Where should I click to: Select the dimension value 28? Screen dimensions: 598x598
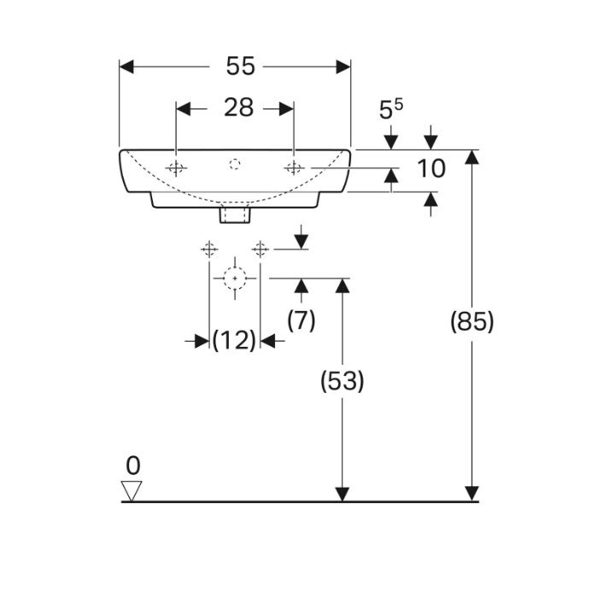point(238,108)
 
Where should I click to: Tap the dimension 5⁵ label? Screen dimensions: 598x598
point(391,110)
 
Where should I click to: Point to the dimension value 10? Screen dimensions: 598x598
point(431,168)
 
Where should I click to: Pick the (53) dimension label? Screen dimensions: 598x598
point(342,381)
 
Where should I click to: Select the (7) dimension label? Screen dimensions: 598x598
point(301,320)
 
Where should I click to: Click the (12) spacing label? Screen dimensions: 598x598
point(234,341)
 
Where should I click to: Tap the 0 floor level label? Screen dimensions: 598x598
point(132,466)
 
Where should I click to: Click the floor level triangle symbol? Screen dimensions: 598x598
point(132,490)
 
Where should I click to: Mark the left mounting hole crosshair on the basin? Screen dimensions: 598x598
point(176,167)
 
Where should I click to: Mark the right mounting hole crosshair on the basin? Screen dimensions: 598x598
point(293,167)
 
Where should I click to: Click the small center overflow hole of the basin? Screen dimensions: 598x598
point(236,162)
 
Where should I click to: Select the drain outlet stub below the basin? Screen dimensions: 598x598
point(234,214)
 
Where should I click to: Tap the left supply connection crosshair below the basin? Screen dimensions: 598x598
point(208,249)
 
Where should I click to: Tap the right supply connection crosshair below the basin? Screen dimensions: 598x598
point(261,249)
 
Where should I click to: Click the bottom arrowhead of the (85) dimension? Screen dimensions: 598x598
point(471,494)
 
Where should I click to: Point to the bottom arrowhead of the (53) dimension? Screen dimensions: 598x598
point(342,494)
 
